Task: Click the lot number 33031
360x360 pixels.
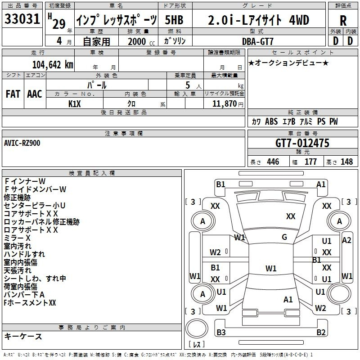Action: [22, 19]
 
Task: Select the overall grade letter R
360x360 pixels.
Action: [343, 21]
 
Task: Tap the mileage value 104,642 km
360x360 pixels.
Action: [53, 65]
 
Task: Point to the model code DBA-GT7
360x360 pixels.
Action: [258, 41]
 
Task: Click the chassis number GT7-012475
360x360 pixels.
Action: [302, 143]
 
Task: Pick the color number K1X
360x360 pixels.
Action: [75, 104]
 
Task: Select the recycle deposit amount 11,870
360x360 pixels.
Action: [224, 103]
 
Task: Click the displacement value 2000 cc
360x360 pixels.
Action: [141, 41]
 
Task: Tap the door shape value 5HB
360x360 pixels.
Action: [174, 20]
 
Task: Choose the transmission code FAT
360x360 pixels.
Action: [13, 94]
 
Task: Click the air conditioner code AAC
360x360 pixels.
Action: [35, 94]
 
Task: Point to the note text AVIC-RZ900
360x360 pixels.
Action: [22, 143]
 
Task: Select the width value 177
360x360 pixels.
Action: [310, 162]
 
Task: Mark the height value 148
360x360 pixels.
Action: [346, 162]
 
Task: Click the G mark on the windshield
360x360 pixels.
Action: [284, 237]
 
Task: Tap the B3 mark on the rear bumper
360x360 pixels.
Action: [221, 332]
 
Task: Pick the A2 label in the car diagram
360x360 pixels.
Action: [346, 240]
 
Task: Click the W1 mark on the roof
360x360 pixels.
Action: [271, 268]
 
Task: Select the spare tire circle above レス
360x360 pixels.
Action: [197, 328]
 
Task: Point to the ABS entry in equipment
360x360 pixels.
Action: [271, 121]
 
